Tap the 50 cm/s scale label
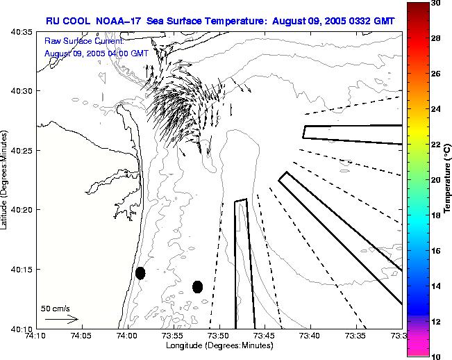pos(56,308)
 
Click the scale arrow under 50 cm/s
pos(62,320)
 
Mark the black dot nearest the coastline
pos(140,272)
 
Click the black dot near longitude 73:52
pos(197,286)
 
